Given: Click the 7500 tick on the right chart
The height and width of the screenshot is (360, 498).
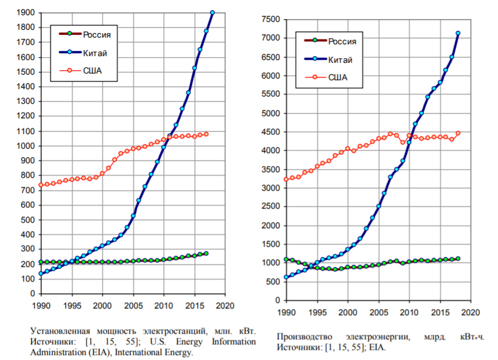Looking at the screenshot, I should [x=270, y=19].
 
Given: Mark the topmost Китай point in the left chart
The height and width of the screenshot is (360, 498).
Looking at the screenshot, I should [x=213, y=12].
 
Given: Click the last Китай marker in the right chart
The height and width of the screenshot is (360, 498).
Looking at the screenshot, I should [x=458, y=33].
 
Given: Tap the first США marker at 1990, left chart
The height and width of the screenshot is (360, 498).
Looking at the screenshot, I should [x=41, y=185].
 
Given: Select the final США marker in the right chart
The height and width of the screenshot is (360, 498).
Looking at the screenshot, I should [x=458, y=133].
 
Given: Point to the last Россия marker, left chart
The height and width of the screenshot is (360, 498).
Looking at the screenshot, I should [x=206, y=253].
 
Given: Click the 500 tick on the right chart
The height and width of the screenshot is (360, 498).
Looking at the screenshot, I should [x=273, y=281].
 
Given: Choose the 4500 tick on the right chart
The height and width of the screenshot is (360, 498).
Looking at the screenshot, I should [x=270, y=132].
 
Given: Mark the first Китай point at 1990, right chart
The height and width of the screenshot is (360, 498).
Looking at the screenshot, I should [x=287, y=277].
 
